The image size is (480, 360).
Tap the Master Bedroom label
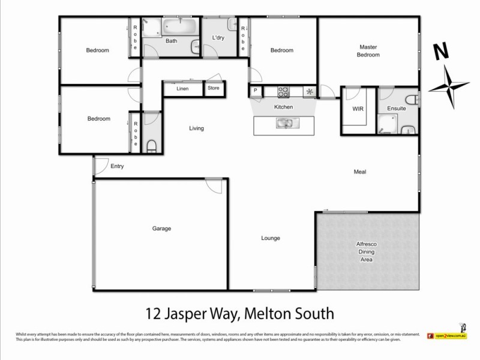click(x=369, y=51)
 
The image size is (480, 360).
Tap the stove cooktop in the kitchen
click(x=283, y=92)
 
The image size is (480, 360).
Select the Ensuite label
click(x=397, y=109)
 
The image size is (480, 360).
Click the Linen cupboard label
click(x=182, y=89)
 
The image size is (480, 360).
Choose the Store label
click(x=214, y=88)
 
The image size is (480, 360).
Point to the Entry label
click(x=117, y=166)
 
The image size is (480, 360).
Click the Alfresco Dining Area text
click(x=367, y=253)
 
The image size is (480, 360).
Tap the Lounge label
click(x=271, y=238)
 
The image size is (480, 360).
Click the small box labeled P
click(x=256, y=91)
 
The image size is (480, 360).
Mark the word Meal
click(x=359, y=172)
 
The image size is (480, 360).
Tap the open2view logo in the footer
click(x=446, y=335)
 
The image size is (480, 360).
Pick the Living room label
click(x=196, y=128)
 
